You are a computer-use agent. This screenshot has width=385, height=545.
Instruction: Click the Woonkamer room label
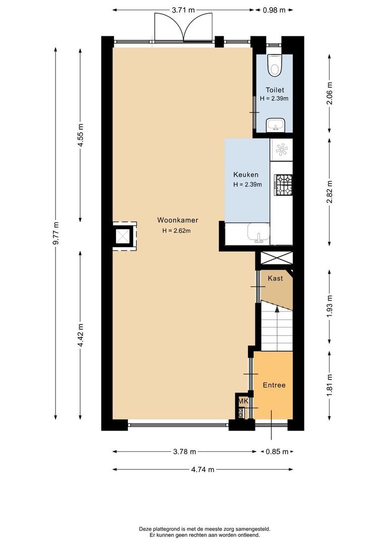(177, 220)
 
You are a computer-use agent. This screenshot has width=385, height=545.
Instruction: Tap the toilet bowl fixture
(275, 65)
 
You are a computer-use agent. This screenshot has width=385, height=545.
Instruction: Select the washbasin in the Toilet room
(275, 124)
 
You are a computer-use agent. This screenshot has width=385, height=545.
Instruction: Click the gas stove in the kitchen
(282, 185)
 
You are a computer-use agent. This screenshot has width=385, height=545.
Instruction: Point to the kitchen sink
(259, 234)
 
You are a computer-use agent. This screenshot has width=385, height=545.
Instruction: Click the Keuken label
(246, 175)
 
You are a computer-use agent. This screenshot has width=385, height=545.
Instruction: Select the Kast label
(275, 278)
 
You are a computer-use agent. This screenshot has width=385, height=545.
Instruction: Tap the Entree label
(274, 385)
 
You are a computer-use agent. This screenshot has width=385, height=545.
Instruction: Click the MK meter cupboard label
(243, 401)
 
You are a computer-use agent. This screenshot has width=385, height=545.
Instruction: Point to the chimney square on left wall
(123, 236)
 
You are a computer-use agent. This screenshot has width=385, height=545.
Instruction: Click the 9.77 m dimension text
(56, 233)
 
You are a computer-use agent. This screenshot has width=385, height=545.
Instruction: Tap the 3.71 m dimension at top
(184, 10)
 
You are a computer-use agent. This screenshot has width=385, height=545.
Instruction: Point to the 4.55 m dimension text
(80, 135)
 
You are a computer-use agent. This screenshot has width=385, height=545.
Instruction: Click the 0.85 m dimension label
(278, 452)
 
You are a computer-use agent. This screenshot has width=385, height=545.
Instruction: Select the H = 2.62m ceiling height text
(176, 231)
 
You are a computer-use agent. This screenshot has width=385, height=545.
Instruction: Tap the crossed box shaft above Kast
(276, 258)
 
